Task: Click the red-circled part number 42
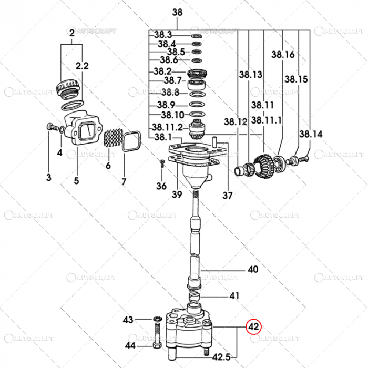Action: click(x=254, y=326)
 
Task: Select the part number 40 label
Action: click(x=253, y=270)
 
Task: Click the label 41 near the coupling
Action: click(x=233, y=296)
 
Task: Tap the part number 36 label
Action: click(x=161, y=186)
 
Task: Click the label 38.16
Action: click(x=283, y=54)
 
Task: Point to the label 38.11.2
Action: click(x=167, y=127)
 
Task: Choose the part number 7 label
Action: click(x=124, y=181)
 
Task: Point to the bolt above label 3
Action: click(x=50, y=126)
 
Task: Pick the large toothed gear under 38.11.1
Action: click(x=267, y=162)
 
